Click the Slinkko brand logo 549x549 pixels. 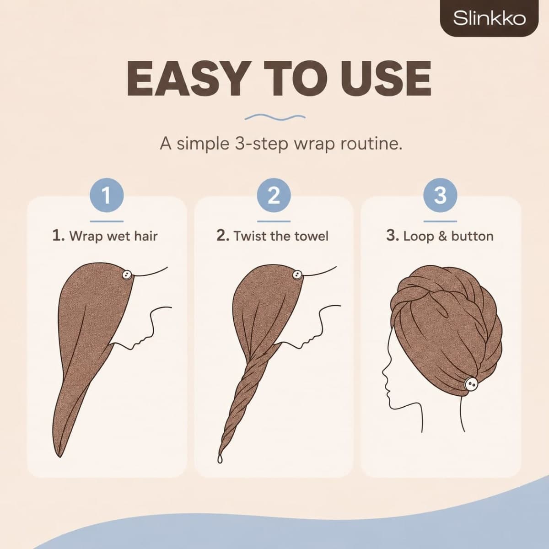489,18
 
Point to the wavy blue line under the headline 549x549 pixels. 275,117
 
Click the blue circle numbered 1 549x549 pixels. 107,195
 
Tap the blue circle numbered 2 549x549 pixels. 274,195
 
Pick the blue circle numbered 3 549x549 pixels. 440,195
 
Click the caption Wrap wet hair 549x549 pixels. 105,236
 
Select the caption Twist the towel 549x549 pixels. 272,236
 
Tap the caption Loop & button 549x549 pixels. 440,236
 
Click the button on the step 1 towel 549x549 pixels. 126,274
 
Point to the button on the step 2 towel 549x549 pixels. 296,274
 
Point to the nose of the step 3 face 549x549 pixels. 383,373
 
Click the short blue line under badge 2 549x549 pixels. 274,221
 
